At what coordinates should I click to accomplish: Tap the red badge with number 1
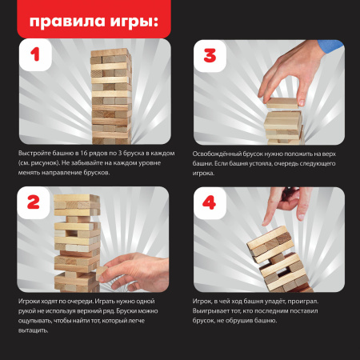point(35,58)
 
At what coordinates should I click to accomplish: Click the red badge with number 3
point(210,58)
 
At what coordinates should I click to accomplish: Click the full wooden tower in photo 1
point(108,92)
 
